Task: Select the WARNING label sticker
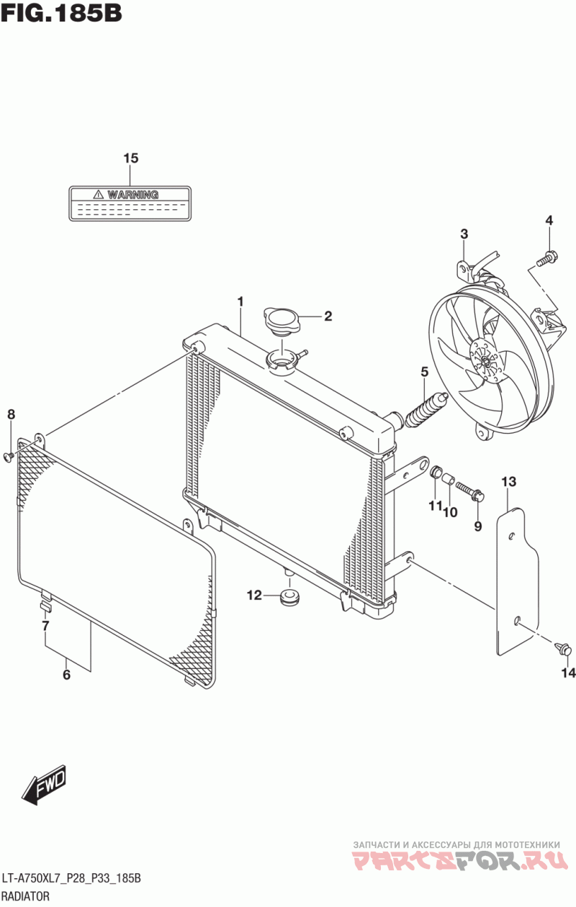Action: click(130, 204)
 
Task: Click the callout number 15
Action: click(131, 158)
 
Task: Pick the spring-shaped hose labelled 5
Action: click(426, 410)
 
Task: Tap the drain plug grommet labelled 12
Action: click(289, 598)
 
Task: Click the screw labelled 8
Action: click(9, 456)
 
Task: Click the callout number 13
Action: click(509, 482)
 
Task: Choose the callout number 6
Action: click(66, 675)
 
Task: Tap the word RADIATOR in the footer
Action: click(26, 895)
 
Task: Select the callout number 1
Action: click(240, 301)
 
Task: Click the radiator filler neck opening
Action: click(282, 358)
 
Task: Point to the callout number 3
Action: click(464, 234)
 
